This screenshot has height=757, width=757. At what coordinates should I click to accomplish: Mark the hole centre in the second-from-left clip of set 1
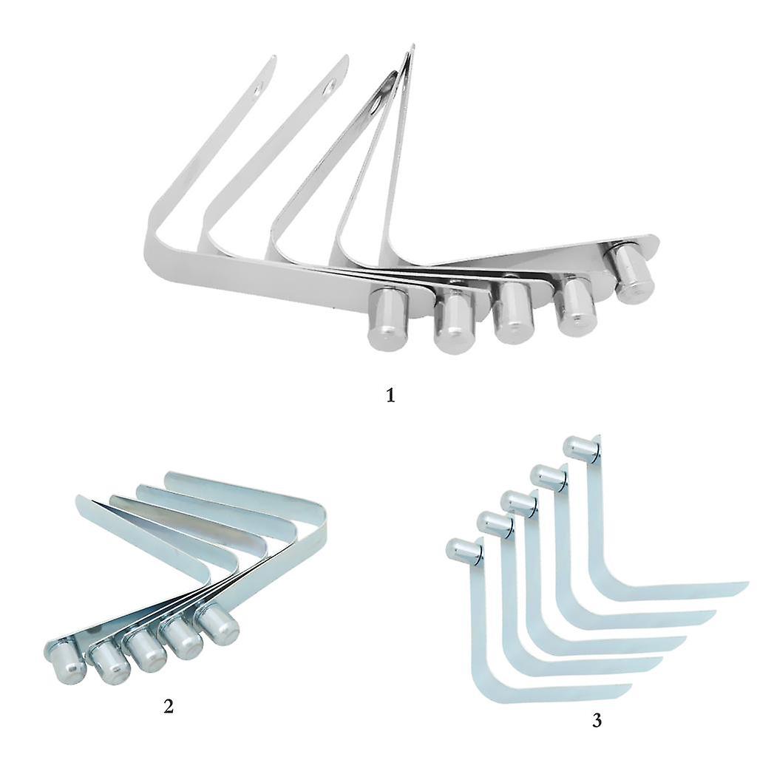coord(330,87)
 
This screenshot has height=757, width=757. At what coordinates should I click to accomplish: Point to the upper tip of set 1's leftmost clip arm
coord(274,57)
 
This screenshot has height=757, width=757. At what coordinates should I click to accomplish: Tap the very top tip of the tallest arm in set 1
coord(413,47)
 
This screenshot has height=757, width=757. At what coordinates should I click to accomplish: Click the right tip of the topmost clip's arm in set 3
coord(747,584)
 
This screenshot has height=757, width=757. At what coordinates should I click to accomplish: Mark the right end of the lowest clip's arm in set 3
coord(631,685)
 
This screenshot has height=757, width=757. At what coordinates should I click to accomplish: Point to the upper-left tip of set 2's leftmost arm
coord(77,498)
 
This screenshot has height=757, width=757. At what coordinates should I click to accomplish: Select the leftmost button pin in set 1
coord(388,319)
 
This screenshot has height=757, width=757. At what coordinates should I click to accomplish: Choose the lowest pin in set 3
coord(464,551)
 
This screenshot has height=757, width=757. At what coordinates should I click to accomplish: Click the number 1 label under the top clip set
coord(390,396)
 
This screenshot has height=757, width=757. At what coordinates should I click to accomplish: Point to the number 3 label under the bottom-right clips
coord(597,720)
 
